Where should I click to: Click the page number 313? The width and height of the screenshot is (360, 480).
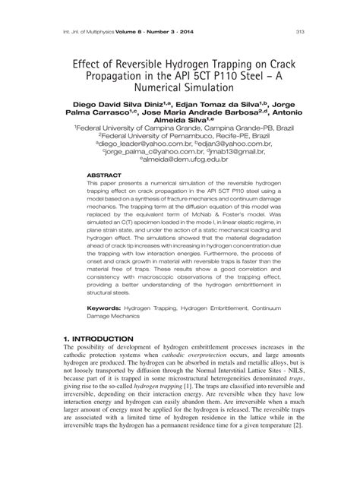[x=300, y=31]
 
